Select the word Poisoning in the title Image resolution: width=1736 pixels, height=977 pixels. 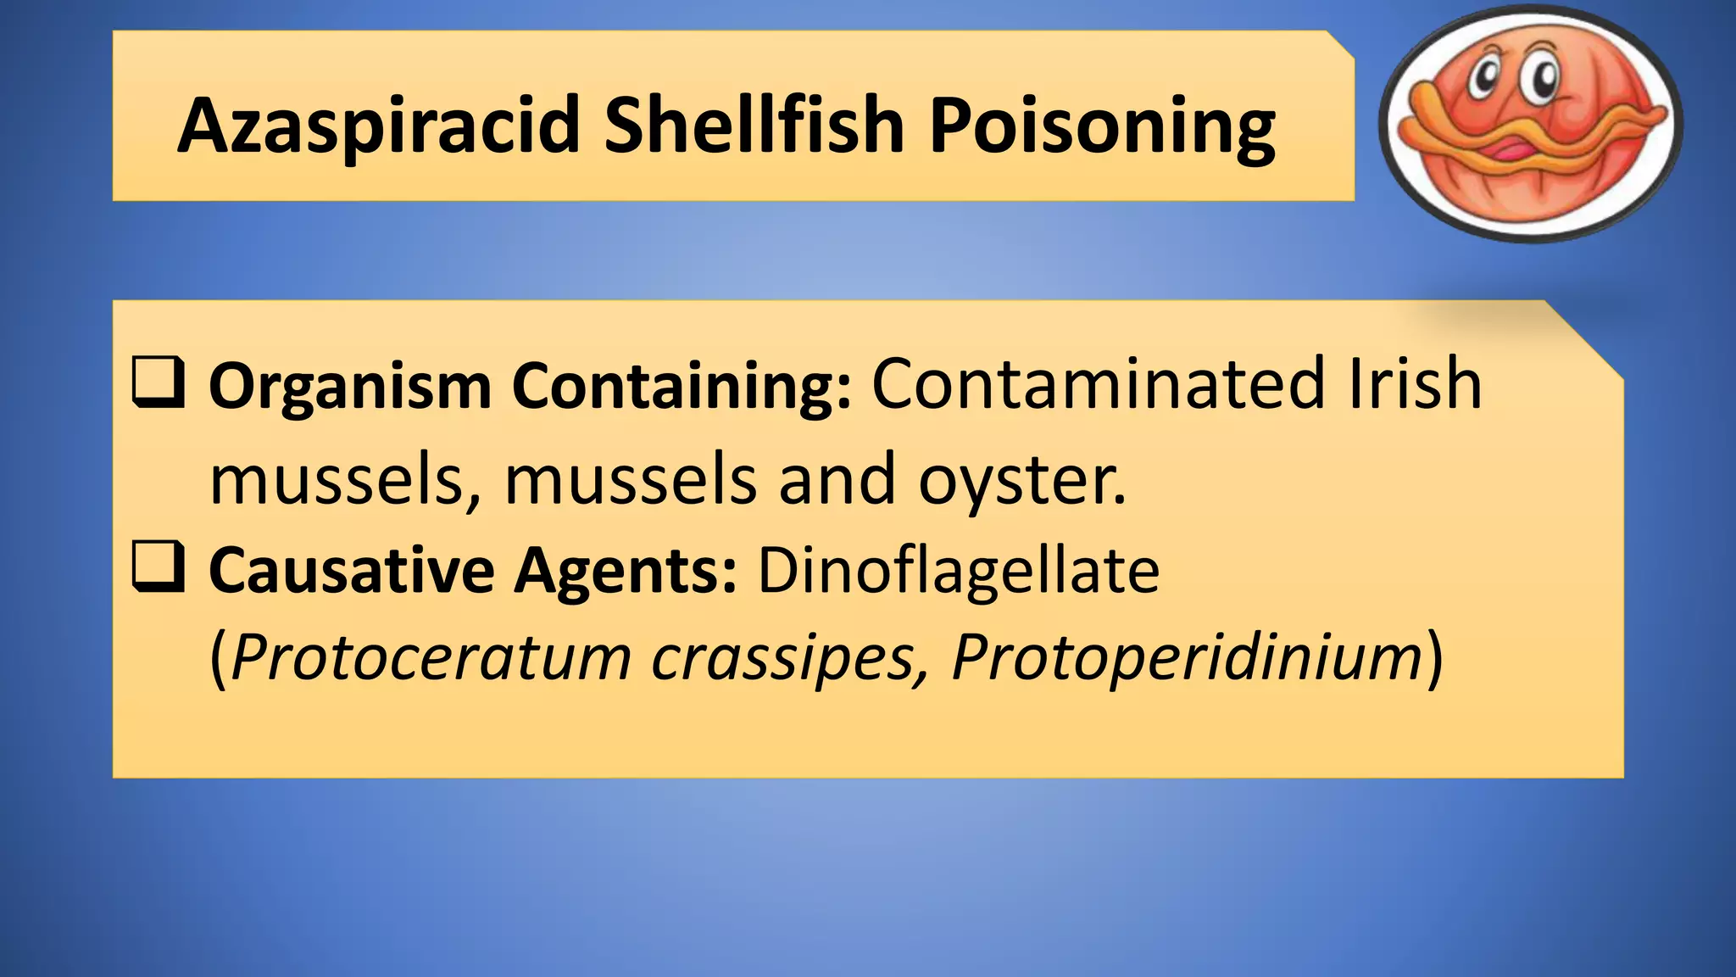click(1102, 127)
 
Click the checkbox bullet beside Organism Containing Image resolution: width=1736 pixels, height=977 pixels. click(159, 383)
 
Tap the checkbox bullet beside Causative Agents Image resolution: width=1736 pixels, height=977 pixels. click(159, 567)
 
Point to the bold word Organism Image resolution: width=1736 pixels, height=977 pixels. click(350, 387)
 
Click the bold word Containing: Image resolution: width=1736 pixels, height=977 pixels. click(682, 387)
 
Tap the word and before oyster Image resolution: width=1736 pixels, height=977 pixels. click(837, 479)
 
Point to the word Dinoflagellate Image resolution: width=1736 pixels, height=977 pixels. click(958, 570)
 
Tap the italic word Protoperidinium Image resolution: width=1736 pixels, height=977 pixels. click(1187, 657)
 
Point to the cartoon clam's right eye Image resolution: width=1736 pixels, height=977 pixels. click(1544, 79)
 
